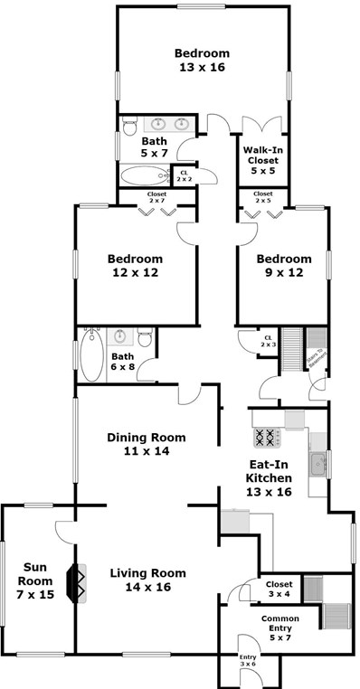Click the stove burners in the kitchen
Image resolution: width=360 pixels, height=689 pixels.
pos(268,438)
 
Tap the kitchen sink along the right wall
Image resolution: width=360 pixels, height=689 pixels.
pos(317,466)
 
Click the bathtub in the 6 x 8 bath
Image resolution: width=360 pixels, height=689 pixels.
pos(90,356)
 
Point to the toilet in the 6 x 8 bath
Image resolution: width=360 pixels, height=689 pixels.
pos(144,338)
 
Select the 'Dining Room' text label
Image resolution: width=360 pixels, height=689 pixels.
pos(146,438)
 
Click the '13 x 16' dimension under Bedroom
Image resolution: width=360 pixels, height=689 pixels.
pos(202,67)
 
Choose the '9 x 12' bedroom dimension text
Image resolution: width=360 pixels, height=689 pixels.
pos(280,272)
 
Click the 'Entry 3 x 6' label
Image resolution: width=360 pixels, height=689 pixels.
pos(246,660)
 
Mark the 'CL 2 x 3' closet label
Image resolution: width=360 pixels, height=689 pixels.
pos(267,342)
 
